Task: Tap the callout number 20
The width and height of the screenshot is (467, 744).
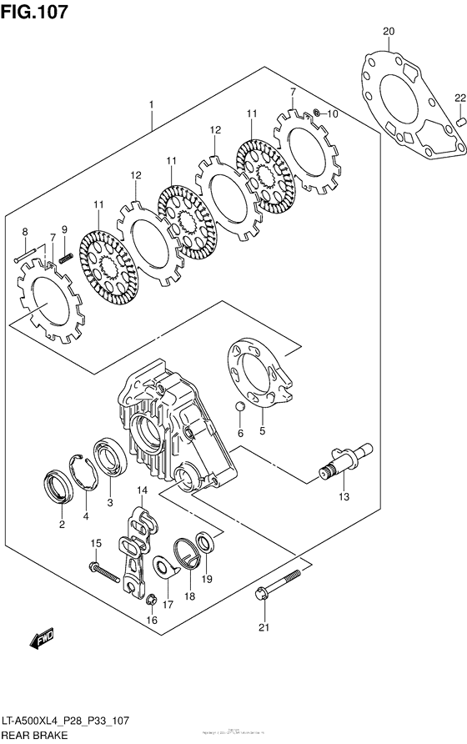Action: (388, 32)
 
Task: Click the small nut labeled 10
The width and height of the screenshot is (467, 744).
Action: (318, 113)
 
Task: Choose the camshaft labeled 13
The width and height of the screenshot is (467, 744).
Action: (344, 463)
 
